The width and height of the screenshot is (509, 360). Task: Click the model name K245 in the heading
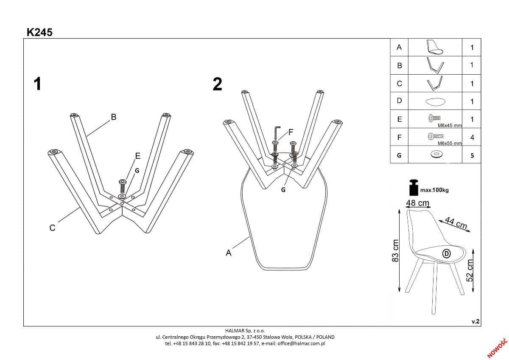tap(39, 32)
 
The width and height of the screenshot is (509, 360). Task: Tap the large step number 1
tap(38, 84)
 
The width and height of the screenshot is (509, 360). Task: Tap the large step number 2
tap(217, 84)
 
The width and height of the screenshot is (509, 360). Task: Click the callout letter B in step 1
tap(114, 117)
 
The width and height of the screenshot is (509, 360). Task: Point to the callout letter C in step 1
tap(52, 228)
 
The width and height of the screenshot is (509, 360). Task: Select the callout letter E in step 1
tap(137, 156)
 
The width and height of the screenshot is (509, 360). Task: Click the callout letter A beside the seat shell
tap(229, 253)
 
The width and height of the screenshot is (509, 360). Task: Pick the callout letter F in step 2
tap(291, 131)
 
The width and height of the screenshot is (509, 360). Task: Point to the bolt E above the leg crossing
tap(123, 185)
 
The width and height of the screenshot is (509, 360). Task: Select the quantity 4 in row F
tap(472, 138)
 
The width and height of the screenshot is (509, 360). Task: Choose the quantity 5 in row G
tap(472, 155)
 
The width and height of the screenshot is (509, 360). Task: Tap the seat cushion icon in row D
tap(435, 101)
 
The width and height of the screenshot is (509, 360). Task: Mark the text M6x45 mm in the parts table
tap(449, 126)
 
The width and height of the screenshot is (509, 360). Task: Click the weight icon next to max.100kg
tap(413, 187)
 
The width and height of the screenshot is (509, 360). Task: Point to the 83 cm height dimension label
tap(395, 250)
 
